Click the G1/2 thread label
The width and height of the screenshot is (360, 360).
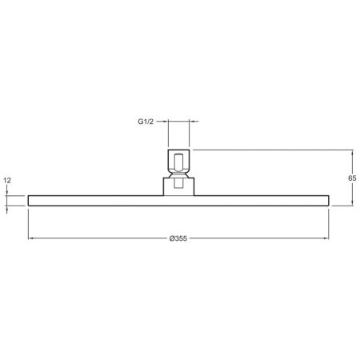point(145,122)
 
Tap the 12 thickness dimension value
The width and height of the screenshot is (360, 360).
point(7,181)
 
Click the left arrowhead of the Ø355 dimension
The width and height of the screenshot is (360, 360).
point(30,238)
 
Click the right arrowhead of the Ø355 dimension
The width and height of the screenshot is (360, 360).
point(327,238)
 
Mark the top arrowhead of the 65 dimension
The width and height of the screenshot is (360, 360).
point(352,151)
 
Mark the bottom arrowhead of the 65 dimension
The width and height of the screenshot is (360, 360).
point(352,204)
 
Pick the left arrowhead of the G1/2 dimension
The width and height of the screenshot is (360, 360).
point(168,122)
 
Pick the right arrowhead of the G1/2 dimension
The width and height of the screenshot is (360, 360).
point(187,122)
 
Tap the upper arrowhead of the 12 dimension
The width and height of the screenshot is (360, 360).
point(7,194)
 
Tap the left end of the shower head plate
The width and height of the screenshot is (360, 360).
point(30,201)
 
